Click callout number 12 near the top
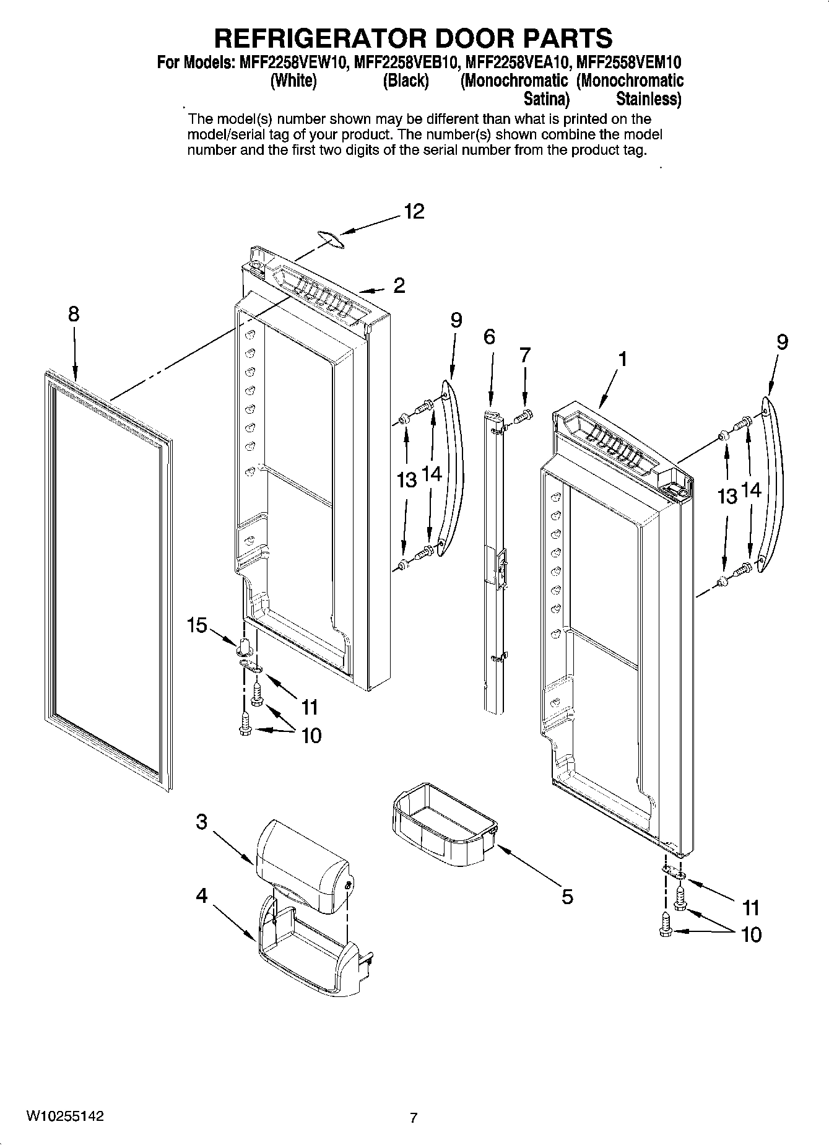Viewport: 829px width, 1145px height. click(414, 212)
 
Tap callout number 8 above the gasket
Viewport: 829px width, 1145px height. click(74, 314)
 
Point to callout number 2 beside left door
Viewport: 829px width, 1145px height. click(399, 285)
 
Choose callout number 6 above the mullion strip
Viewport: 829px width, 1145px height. click(489, 337)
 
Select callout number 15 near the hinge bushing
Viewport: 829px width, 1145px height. click(197, 625)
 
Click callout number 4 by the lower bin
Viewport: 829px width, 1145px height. click(202, 895)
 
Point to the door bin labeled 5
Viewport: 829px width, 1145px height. click(443, 827)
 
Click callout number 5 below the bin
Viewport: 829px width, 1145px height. click(567, 896)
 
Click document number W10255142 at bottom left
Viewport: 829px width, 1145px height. click(64, 1116)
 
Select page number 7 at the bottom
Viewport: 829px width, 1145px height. click(414, 1118)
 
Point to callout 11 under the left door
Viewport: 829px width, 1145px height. click(309, 707)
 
